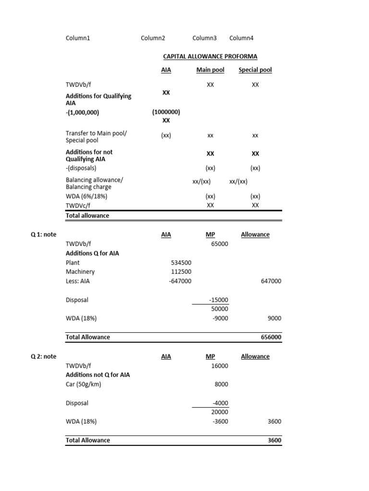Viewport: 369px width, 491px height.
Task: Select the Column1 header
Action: (x=78, y=38)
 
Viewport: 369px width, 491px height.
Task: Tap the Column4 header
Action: (x=242, y=38)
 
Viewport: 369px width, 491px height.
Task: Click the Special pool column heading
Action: (x=255, y=70)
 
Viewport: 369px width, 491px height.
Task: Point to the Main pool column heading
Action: (x=210, y=70)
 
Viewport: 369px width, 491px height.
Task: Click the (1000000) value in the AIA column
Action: (x=166, y=112)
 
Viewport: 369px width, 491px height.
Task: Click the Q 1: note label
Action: (x=43, y=234)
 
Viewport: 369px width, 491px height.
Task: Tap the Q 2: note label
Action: (x=43, y=356)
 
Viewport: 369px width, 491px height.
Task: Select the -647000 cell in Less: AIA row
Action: (x=180, y=281)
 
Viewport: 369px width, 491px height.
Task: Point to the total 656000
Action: (x=271, y=337)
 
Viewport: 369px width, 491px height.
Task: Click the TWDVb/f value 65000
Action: (x=220, y=244)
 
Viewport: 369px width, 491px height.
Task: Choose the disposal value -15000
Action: (x=219, y=300)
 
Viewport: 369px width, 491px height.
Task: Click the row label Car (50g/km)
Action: (x=84, y=384)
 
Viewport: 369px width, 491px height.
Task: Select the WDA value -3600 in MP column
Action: (x=220, y=421)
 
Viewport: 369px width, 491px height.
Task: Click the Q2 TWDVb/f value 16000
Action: (x=220, y=366)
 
